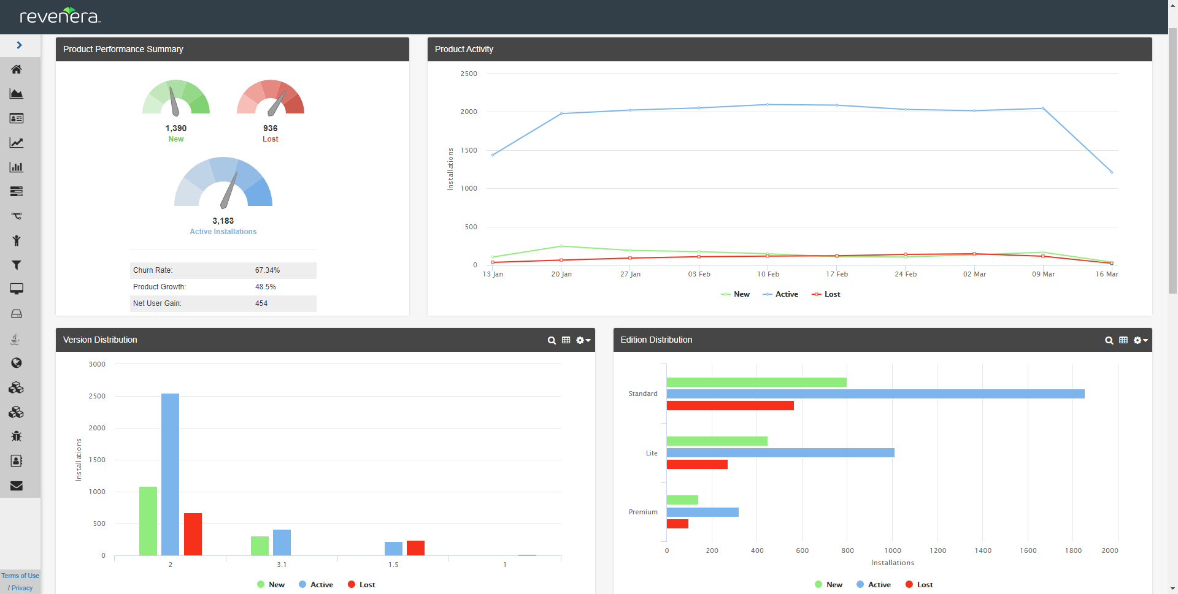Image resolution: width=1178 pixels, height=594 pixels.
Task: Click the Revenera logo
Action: pyautogui.click(x=60, y=16)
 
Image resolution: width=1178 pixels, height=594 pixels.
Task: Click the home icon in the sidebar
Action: pyautogui.click(x=17, y=69)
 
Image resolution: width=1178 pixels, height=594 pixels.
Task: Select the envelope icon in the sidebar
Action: pyautogui.click(x=17, y=485)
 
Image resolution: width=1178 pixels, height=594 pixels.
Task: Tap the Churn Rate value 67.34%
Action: pyautogui.click(x=268, y=270)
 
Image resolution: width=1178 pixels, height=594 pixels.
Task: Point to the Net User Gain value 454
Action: pyautogui.click(x=261, y=303)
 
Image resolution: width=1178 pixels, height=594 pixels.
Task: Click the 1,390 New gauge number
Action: pyautogui.click(x=176, y=128)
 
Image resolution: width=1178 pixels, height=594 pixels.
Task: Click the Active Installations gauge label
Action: pyautogui.click(x=223, y=232)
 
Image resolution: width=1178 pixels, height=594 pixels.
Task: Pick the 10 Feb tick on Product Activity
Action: pyautogui.click(x=768, y=274)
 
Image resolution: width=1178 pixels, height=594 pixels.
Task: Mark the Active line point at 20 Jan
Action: pyautogui.click(x=561, y=113)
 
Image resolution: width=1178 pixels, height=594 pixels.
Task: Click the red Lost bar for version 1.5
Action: pyautogui.click(x=415, y=548)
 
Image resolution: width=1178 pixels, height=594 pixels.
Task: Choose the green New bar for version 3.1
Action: pyautogui.click(x=260, y=546)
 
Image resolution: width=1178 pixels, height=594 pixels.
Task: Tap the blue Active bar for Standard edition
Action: pyautogui.click(x=875, y=394)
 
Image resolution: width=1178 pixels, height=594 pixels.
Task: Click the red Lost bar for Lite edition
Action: pyautogui.click(x=697, y=465)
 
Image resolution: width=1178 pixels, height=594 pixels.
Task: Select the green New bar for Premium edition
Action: pyautogui.click(x=682, y=500)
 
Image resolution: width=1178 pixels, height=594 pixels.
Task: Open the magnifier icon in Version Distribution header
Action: pyautogui.click(x=552, y=340)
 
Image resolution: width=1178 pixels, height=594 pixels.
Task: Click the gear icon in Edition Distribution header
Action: pyautogui.click(x=1139, y=340)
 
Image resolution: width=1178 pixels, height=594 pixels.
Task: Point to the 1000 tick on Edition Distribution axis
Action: pyautogui.click(x=893, y=550)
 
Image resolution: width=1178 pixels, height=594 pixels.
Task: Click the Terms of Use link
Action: pyautogui.click(x=20, y=576)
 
